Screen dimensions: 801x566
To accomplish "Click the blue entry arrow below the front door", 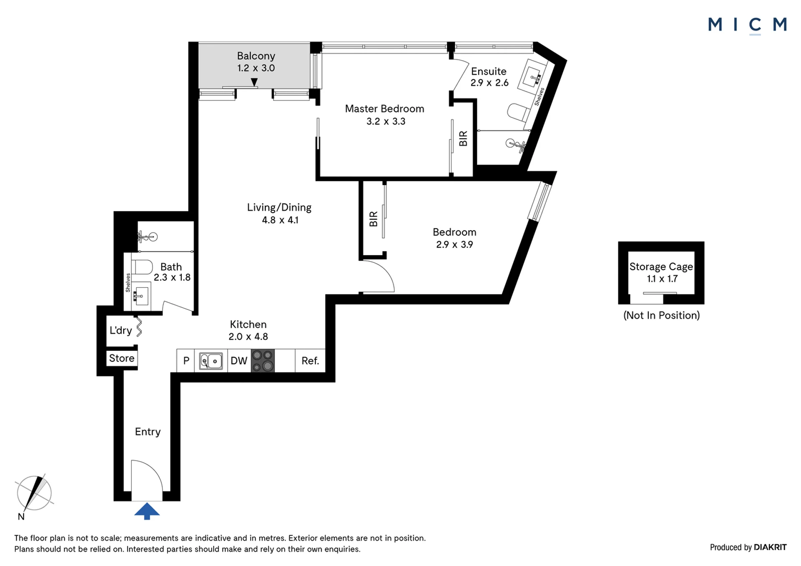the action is (x=147, y=511).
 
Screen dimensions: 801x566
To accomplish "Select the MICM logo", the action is (x=747, y=25).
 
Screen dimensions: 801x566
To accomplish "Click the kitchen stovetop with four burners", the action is (x=263, y=360).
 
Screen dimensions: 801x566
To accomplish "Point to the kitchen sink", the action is (x=211, y=361).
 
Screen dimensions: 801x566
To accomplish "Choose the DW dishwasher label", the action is (x=239, y=361).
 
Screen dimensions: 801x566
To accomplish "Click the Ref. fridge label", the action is (x=310, y=361).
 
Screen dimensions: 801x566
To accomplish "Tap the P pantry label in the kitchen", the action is (x=186, y=361).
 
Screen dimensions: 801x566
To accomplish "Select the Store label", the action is (x=122, y=358).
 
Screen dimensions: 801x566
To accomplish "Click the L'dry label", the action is (x=121, y=330).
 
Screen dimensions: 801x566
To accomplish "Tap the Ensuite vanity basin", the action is (x=532, y=76).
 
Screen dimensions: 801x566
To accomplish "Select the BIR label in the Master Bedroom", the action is (x=463, y=138).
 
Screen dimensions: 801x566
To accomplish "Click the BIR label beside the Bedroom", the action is (x=373, y=219).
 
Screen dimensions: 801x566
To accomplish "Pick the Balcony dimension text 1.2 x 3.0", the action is (x=256, y=68).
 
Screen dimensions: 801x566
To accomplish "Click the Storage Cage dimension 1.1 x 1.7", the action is (x=662, y=279).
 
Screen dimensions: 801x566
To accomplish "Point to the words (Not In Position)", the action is (x=662, y=315).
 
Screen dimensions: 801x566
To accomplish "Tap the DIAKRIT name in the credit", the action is (x=770, y=547).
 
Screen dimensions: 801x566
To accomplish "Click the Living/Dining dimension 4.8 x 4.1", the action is (x=280, y=220).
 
